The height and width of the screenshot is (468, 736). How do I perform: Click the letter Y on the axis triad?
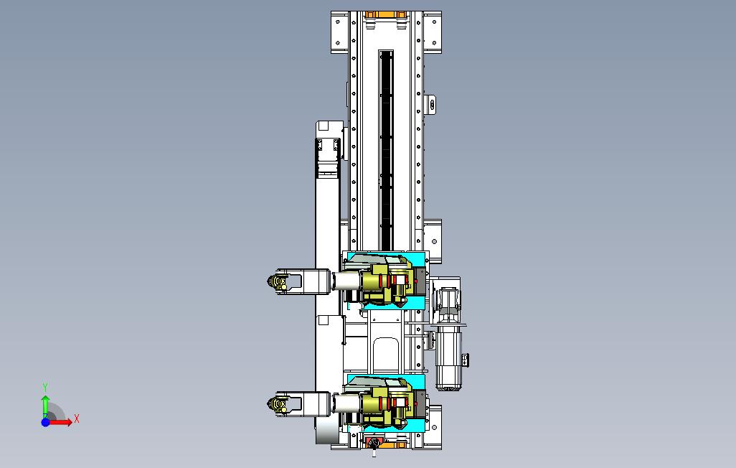(45, 387)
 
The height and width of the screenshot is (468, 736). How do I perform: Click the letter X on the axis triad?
(77, 418)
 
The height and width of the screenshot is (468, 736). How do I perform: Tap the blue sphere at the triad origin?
(45, 422)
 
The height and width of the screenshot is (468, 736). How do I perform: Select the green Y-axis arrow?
(45, 407)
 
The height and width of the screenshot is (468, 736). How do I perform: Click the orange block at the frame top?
(385, 14)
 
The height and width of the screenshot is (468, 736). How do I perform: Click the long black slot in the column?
(387, 150)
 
